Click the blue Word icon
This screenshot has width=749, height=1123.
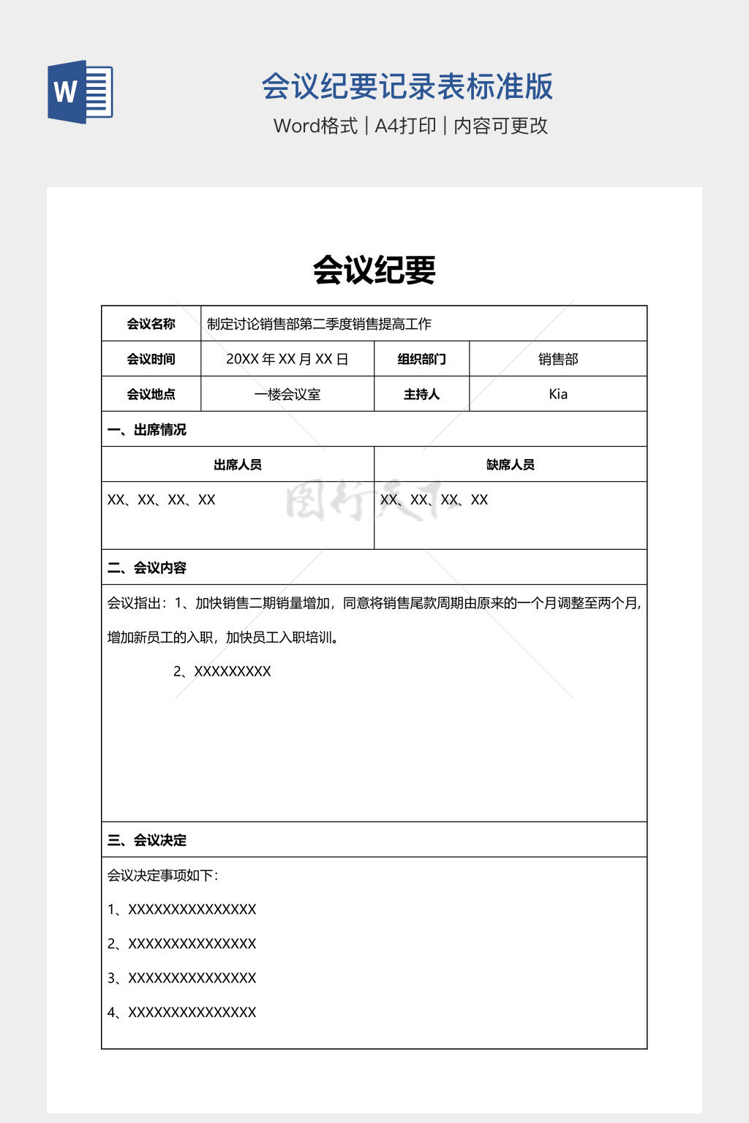pos(80,92)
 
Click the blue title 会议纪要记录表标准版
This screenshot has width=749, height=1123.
pos(407,87)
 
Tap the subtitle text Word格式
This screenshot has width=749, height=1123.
pos(315,126)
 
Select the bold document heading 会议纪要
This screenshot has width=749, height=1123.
pos(374,270)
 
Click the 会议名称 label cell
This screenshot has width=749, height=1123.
pos(151,324)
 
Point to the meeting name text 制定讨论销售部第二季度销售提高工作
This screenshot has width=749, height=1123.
pos(319,324)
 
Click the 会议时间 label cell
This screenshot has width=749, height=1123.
pos(151,359)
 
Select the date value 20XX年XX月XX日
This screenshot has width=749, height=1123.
pos(287,359)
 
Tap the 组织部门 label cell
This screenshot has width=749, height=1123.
pos(421,359)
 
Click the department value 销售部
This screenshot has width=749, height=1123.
pos(558,359)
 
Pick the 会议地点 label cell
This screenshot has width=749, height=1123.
pos(151,394)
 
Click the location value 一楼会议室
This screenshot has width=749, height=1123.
pos(287,394)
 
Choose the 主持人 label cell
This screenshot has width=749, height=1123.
pos(421,394)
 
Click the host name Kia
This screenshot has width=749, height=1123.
pos(558,394)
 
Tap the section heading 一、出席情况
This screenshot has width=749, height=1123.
pos(146,429)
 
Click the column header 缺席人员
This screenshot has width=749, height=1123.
pos(510,464)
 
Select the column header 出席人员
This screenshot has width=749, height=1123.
pos(237,464)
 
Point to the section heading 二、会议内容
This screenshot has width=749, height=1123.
pos(146,567)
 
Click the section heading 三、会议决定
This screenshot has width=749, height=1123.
pos(146,840)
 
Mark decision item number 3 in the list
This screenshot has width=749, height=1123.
pos(181,978)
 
